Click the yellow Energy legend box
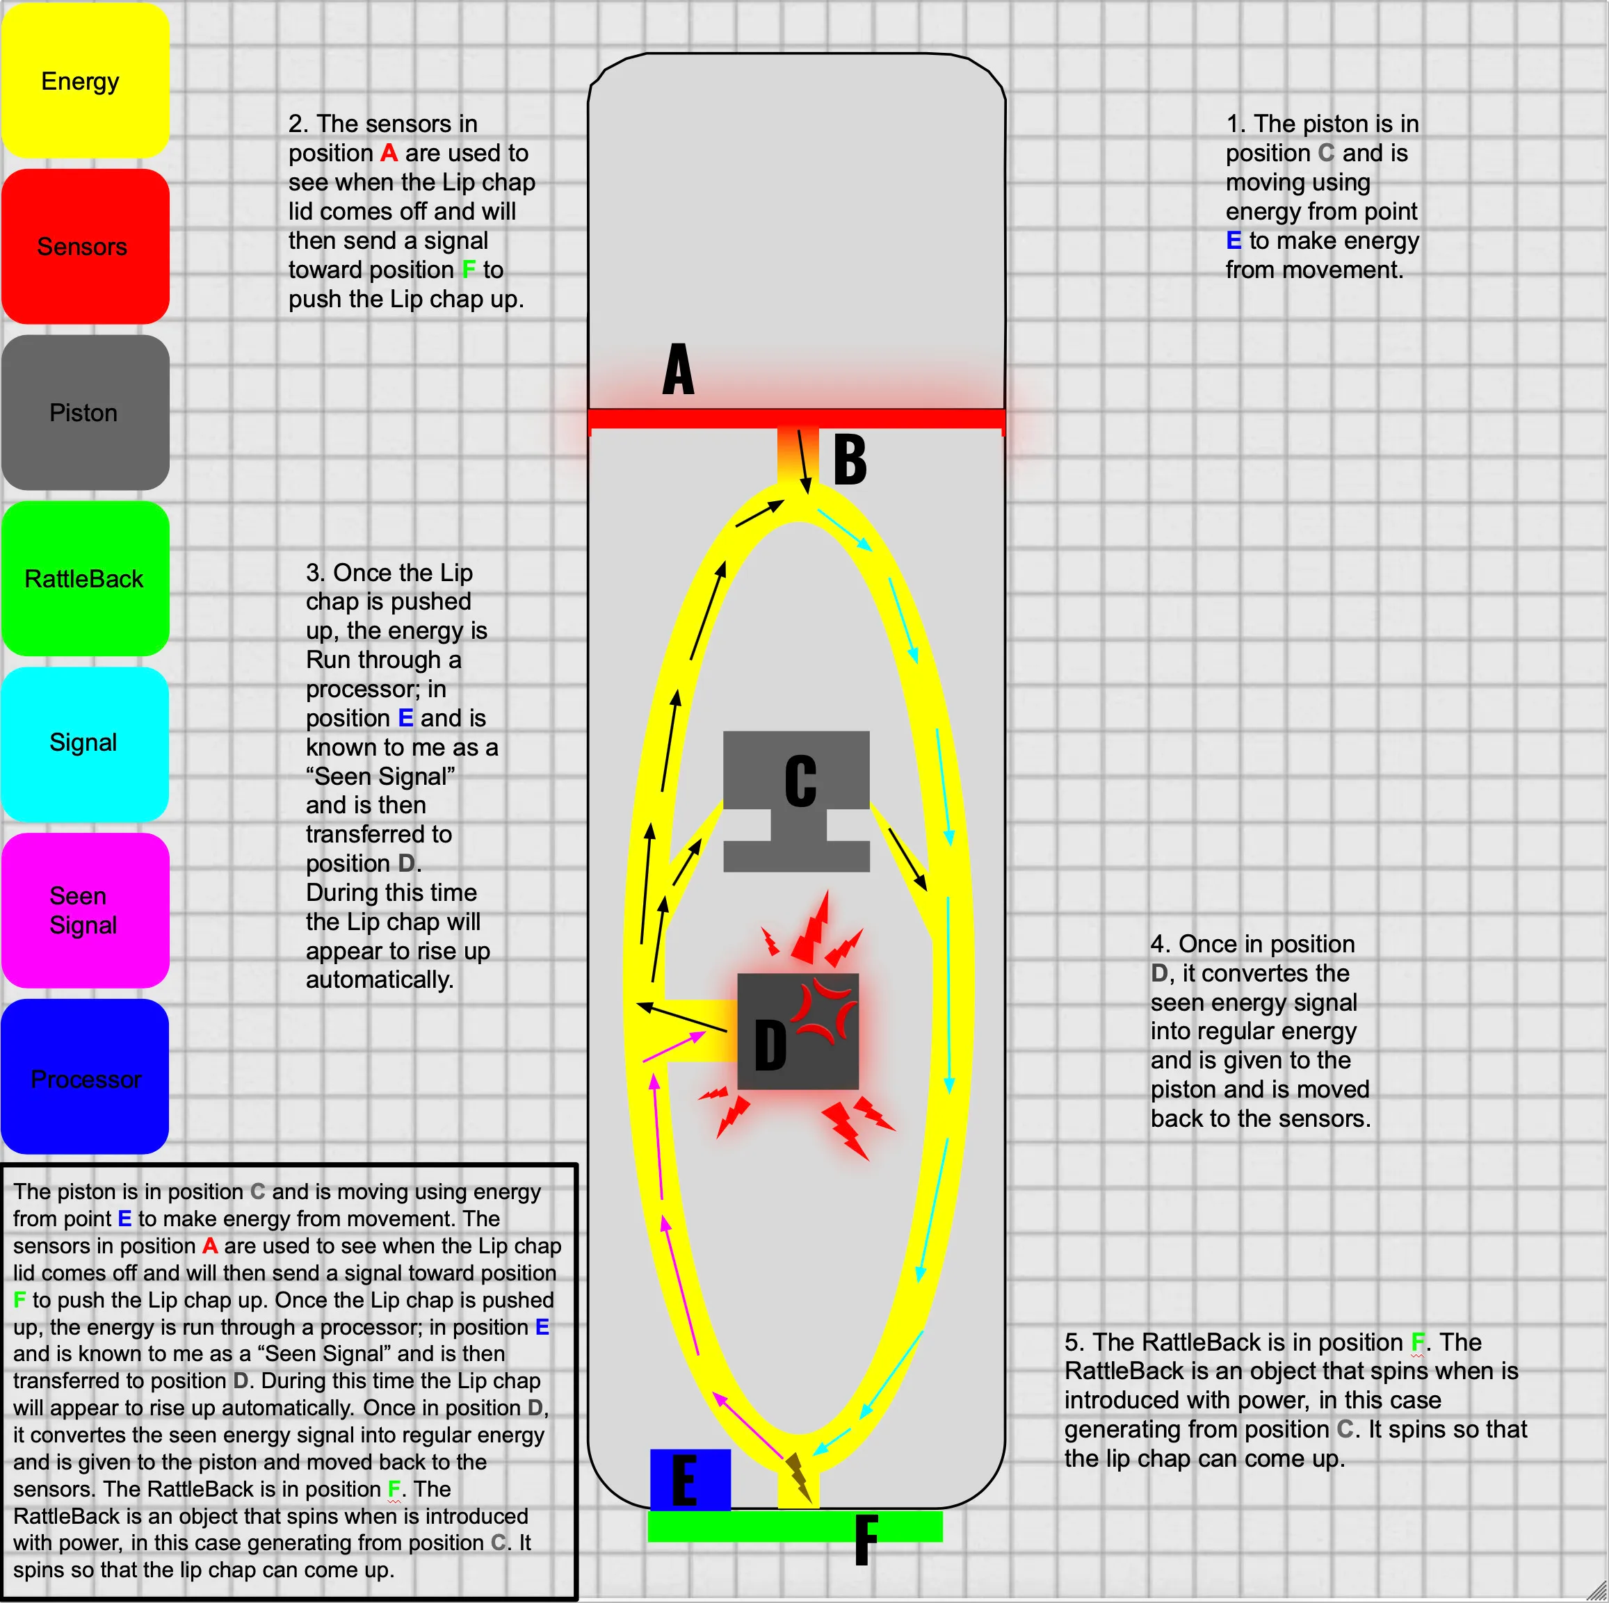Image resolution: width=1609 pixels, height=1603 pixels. [85, 80]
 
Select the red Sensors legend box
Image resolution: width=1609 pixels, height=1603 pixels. [85, 247]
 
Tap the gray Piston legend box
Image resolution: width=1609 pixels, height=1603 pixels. [85, 412]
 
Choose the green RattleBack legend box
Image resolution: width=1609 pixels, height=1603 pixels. [85, 578]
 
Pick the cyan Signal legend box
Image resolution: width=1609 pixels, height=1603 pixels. [85, 744]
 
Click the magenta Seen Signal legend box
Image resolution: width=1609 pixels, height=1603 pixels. [85, 910]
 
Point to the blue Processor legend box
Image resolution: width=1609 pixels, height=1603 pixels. [85, 1076]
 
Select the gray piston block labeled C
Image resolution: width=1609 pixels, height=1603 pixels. [796, 801]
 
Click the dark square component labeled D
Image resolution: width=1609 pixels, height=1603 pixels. [798, 1031]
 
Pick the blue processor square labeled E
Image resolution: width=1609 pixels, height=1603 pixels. [690, 1481]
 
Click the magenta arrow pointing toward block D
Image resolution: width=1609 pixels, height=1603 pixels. [674, 1047]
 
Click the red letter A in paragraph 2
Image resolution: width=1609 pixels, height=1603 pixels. [389, 153]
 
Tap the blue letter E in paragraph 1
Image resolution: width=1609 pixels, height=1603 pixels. [1234, 241]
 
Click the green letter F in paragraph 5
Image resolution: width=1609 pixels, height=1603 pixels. [1418, 1342]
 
